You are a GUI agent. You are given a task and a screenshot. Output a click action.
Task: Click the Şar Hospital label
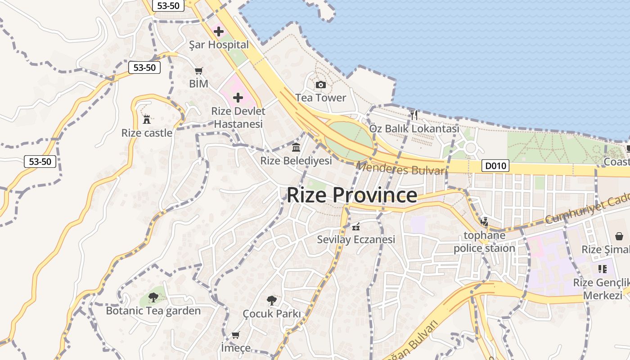point(219,45)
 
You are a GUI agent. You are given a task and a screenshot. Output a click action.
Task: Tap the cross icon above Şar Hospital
point(219,31)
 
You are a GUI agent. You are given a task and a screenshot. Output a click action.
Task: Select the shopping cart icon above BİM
point(198,71)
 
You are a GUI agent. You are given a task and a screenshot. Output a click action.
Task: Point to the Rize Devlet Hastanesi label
point(238,117)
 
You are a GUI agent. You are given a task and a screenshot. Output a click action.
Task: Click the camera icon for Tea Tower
point(321,85)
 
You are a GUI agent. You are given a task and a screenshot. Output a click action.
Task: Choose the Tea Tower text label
point(321,98)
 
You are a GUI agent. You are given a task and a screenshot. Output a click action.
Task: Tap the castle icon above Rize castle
point(147,120)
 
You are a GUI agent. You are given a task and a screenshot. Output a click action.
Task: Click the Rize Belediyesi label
point(296,160)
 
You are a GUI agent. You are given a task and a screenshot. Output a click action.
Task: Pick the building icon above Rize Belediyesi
point(296,147)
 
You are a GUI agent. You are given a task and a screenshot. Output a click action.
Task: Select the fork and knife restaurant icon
point(414,115)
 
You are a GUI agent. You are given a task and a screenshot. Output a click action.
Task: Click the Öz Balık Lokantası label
point(414,129)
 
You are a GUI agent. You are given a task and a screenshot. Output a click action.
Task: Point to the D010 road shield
point(495,166)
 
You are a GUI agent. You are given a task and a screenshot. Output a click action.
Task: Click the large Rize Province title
point(352,195)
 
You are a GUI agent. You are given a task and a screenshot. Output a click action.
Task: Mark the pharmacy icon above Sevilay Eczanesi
point(356,226)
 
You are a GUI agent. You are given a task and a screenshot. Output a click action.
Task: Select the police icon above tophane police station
point(484,221)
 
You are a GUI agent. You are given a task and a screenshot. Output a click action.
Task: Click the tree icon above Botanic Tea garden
point(153,297)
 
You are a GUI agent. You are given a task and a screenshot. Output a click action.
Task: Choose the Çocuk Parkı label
point(271,313)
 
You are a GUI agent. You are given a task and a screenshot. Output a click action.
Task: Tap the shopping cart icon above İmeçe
point(235,335)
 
